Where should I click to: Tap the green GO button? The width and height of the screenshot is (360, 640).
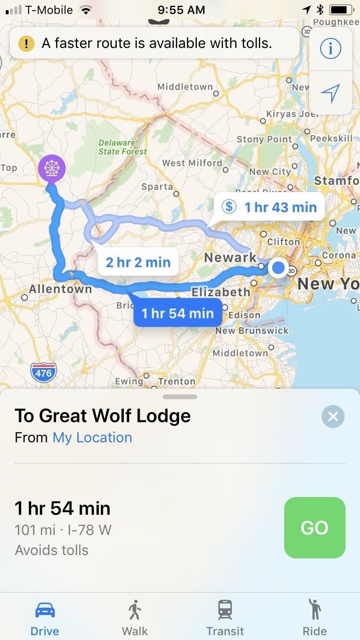[314, 527]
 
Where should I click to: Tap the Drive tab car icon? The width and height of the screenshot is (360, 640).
[45, 610]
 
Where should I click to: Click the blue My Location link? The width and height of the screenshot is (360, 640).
[92, 438]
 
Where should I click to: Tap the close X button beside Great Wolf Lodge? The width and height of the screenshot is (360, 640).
[333, 416]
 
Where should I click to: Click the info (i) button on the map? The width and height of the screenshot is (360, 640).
[331, 48]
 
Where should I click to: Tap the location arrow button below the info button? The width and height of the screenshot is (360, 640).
[331, 93]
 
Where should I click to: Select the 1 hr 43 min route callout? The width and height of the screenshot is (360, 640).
[273, 207]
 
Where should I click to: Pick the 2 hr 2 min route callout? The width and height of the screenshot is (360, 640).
[138, 262]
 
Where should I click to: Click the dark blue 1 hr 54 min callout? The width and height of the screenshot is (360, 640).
[177, 313]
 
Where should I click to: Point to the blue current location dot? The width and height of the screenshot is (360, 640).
[278, 267]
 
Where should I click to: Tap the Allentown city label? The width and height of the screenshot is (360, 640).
[60, 289]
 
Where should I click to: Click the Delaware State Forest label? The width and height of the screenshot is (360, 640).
[122, 147]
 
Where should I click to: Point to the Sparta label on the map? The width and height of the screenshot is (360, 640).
[156, 186]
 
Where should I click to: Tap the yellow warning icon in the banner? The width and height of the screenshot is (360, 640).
[26, 44]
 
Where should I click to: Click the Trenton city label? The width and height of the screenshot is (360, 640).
[177, 382]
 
